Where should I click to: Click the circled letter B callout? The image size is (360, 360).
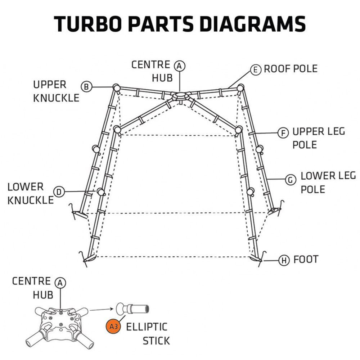86,87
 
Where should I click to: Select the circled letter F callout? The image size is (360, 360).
284,133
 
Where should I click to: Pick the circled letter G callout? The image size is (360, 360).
290,180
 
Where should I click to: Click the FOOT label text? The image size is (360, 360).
306,259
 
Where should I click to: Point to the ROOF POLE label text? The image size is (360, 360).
291,69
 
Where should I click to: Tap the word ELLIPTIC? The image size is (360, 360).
147,327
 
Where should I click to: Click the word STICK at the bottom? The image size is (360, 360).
156,341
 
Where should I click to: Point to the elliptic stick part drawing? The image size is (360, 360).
133,308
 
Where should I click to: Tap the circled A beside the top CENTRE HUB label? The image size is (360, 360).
179,66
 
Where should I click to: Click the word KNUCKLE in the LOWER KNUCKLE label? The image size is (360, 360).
30,200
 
